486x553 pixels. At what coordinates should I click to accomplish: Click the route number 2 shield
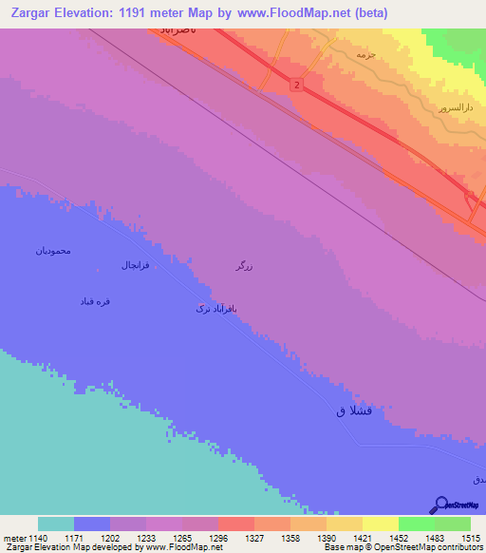(297, 86)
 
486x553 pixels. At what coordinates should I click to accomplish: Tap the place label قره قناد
(96, 300)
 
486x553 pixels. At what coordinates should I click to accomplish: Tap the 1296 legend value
(218, 538)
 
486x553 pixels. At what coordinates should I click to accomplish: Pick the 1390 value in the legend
(327, 538)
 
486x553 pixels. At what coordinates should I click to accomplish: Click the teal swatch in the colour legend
(56, 524)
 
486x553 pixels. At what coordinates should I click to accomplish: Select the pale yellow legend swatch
(381, 524)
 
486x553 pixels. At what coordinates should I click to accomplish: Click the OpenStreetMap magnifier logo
(440, 505)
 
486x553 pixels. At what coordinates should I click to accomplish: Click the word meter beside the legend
(14, 538)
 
